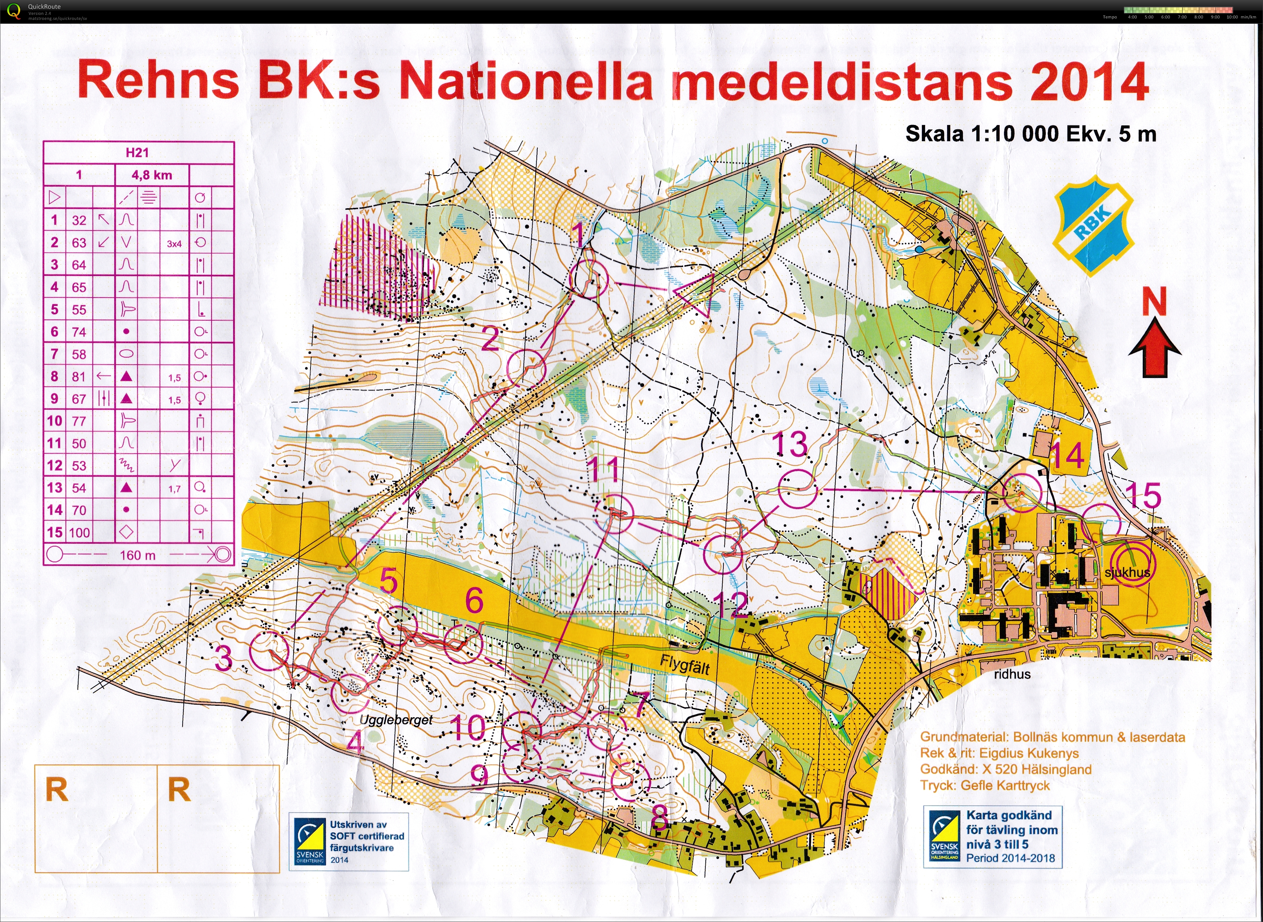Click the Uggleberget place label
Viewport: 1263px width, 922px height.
click(x=396, y=720)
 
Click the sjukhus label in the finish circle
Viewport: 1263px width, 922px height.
click(x=1127, y=572)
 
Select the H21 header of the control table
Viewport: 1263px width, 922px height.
click(x=137, y=152)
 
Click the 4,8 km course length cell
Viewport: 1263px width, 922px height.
click(x=152, y=175)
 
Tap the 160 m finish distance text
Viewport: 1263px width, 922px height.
click(x=137, y=555)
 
